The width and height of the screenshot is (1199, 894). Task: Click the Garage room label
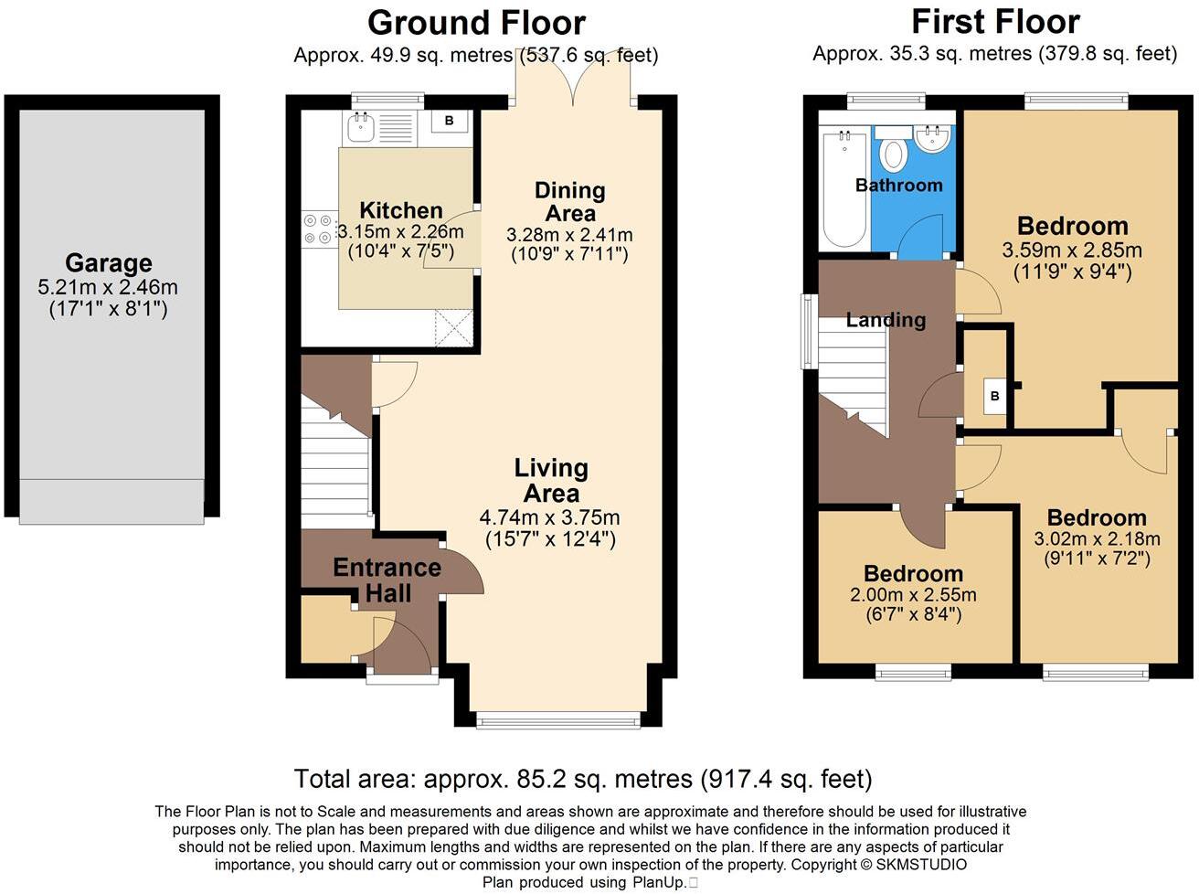point(108,263)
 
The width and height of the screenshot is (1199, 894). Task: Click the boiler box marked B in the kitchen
point(449,121)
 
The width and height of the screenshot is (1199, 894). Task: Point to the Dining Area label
point(569,202)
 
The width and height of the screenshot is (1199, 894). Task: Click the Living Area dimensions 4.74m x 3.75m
point(549,517)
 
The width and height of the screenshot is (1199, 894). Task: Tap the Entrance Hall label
point(387,580)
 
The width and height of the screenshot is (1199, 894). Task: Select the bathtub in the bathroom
point(844,188)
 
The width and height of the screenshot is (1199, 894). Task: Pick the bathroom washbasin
point(933,138)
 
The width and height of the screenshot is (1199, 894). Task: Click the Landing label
point(885,320)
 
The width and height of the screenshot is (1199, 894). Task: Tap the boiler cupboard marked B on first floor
point(994,396)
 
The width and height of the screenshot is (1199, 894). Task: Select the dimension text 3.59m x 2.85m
point(1072,250)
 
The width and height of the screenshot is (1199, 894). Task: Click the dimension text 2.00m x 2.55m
point(913,595)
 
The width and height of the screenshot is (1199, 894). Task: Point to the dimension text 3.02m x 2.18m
point(1097,539)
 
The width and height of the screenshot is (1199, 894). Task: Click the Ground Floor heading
point(476,22)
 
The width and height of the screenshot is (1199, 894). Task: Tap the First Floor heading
point(995,21)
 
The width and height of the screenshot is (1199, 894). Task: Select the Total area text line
point(582,779)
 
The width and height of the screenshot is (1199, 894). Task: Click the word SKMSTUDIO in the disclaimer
point(920,864)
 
